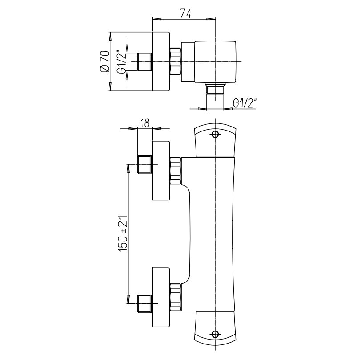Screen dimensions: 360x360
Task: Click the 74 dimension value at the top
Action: tap(185, 14)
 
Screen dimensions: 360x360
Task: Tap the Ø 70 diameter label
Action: tap(104, 61)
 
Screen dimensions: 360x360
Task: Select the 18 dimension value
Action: tap(145, 123)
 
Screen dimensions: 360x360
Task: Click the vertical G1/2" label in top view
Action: tap(121, 62)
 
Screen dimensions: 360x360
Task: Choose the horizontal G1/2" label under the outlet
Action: tap(245, 103)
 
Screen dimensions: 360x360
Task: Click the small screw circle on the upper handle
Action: tap(215, 134)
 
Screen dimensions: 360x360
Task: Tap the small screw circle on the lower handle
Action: tap(215, 334)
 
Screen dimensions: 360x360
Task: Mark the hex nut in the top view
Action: tap(176, 61)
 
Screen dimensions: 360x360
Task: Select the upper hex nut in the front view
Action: tap(176, 171)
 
